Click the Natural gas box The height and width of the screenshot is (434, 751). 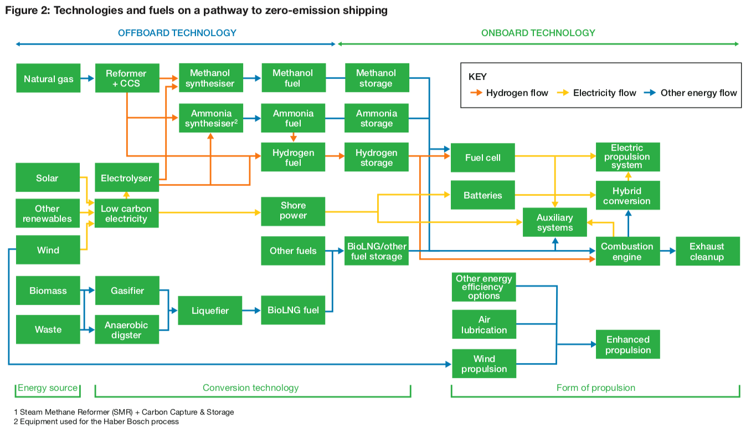tap(48, 79)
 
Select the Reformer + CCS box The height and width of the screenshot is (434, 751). tap(127, 79)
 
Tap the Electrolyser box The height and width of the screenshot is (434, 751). tap(127, 178)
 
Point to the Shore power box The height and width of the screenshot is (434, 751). tap(293, 211)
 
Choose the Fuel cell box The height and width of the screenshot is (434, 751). tap(482, 158)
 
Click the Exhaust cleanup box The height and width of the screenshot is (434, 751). tap(707, 252)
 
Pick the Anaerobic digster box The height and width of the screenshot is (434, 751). tap(127, 330)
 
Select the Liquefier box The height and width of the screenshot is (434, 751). tap(210, 311)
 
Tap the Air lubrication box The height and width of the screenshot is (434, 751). tap(484, 325)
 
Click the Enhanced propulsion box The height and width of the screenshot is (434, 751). tap(627, 345)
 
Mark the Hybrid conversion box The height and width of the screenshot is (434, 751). tap(627, 196)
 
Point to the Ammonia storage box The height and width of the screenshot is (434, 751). tap(376, 118)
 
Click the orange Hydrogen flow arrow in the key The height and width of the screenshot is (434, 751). tap(475, 93)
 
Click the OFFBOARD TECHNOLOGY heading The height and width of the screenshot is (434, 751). tap(177, 33)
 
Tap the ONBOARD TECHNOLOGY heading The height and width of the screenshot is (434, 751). tap(538, 33)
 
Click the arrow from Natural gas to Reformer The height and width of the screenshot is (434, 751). tap(88, 79)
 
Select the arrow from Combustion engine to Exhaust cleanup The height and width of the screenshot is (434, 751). tap(668, 251)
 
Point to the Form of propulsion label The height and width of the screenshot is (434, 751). tap(595, 388)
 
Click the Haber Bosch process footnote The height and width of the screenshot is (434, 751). tap(96, 422)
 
